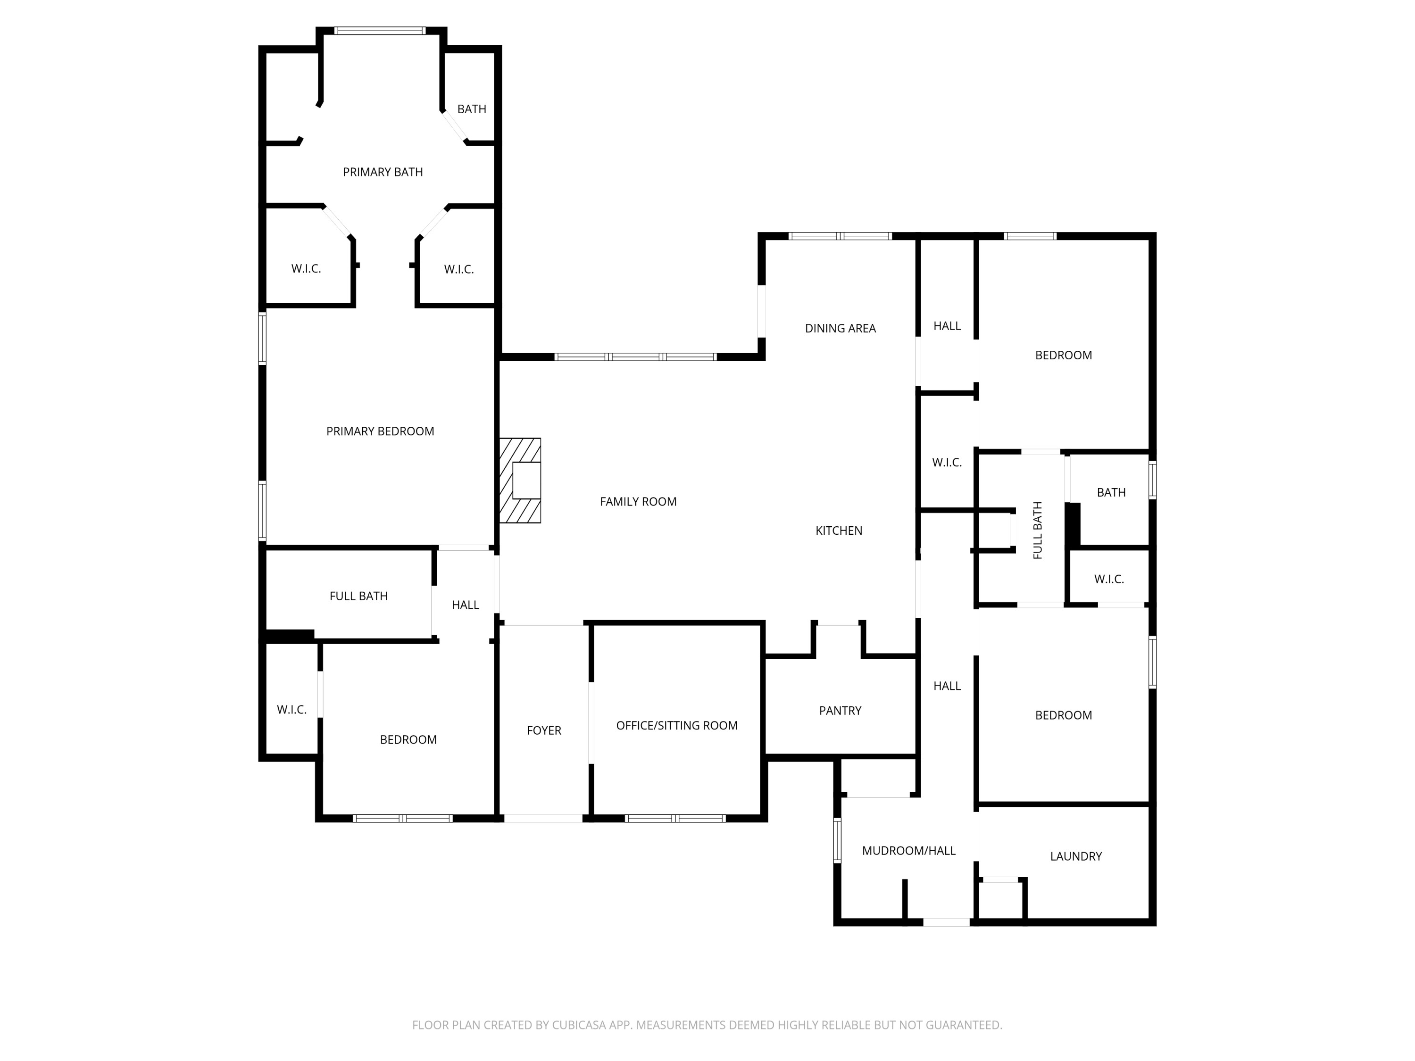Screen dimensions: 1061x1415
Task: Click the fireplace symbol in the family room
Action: point(520,481)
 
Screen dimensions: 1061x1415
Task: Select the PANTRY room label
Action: point(840,711)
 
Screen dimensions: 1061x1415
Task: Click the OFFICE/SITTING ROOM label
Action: point(677,725)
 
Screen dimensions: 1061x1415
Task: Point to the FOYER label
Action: point(544,730)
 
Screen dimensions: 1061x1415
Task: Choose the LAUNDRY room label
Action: point(1076,856)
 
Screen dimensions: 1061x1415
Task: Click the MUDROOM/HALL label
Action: point(908,851)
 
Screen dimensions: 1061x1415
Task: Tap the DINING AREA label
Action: point(840,328)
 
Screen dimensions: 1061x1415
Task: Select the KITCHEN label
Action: point(839,530)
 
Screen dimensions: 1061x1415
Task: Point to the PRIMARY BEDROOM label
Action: point(380,431)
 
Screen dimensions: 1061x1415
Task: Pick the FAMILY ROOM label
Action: point(638,501)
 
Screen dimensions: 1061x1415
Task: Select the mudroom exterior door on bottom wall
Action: point(946,922)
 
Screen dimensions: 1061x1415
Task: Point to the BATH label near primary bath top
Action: point(472,109)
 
